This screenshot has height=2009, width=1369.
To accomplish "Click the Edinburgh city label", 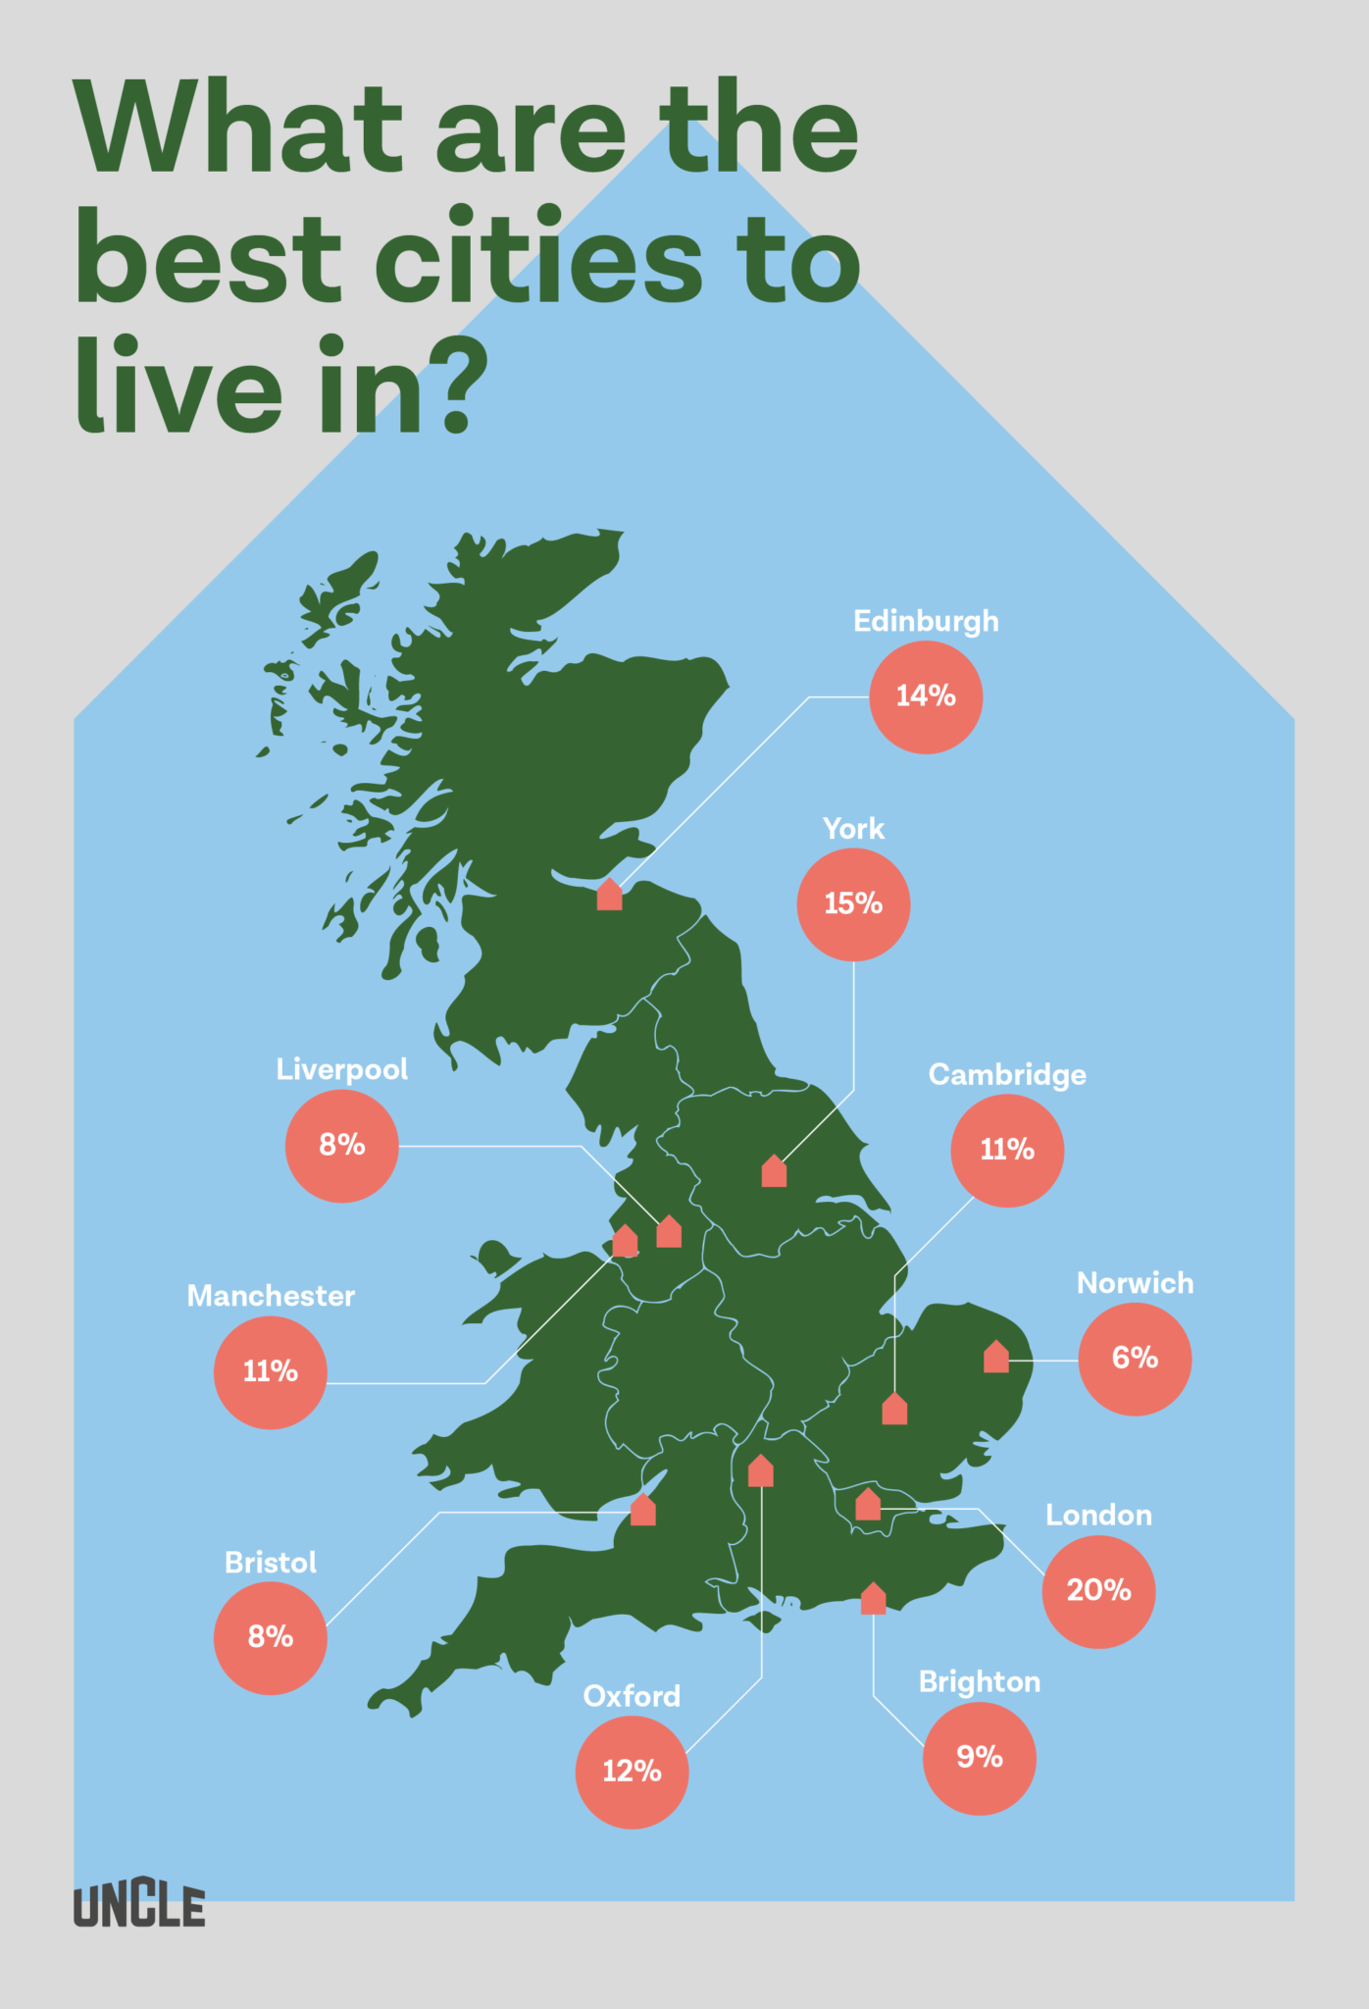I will tap(926, 621).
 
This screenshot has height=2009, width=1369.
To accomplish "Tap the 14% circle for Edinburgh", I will tap(926, 697).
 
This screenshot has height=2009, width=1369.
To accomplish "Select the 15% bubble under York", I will tap(853, 904).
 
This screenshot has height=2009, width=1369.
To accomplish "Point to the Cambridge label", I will tap(1007, 1075).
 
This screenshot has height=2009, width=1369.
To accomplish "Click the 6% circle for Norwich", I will tap(1135, 1359).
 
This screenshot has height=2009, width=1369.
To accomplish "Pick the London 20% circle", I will tap(1098, 1591).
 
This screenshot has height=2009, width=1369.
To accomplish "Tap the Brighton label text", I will tap(979, 1682).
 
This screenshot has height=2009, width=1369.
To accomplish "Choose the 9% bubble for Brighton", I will tap(979, 1758).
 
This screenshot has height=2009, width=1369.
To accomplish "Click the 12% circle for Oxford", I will tap(632, 1772).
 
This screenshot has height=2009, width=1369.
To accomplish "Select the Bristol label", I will tap(271, 1563).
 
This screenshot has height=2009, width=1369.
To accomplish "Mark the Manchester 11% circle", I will tap(271, 1371).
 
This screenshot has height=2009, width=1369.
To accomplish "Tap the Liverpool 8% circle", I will tap(341, 1146).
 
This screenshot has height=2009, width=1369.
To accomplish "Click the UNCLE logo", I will tap(139, 1906).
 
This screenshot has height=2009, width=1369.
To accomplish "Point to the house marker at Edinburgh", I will tap(609, 896).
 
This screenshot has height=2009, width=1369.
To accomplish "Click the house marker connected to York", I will tap(774, 1171).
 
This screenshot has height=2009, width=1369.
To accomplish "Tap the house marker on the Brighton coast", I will tap(873, 1599).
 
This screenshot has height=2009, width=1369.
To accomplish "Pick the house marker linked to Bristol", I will tap(642, 1511).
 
